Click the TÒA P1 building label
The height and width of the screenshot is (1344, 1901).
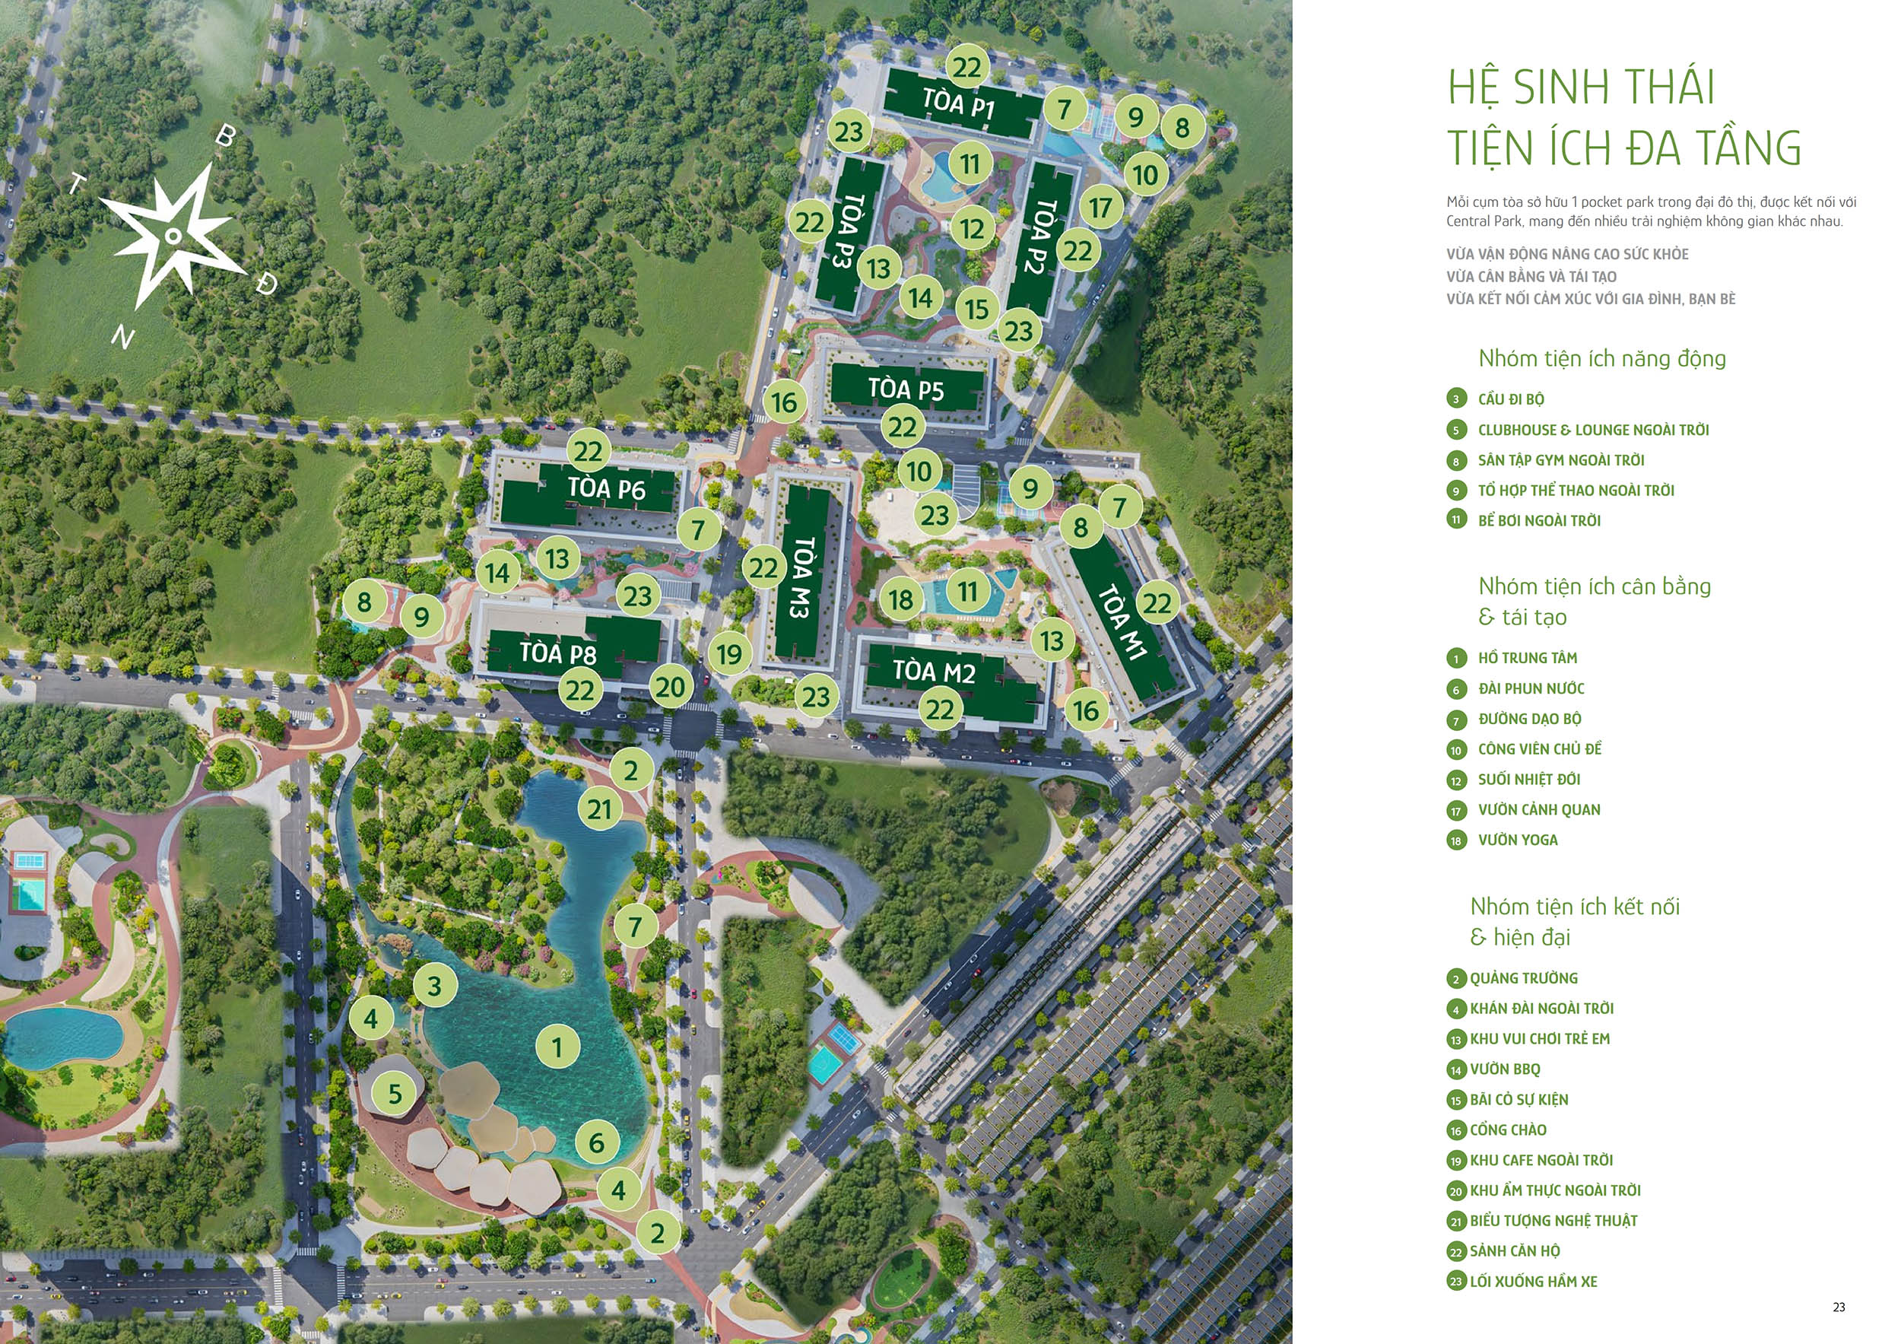[958, 104]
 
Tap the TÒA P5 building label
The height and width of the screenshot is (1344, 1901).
[906, 389]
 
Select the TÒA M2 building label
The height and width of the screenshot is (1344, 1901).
[934, 671]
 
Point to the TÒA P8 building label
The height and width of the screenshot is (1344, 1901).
[558, 653]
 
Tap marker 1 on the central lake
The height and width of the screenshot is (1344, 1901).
[557, 1047]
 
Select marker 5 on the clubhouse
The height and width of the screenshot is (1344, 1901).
[395, 1093]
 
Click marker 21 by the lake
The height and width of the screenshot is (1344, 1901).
[599, 809]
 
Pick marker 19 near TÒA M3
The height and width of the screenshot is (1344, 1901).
[729, 654]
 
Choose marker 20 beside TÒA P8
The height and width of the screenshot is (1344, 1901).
[670, 687]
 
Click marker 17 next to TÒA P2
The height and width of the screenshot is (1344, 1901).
[1100, 207]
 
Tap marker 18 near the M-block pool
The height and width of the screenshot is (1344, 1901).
[901, 599]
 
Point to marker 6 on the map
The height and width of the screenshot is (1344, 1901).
[596, 1142]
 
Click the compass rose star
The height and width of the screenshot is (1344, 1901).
[172, 236]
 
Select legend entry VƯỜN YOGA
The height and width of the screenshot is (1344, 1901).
[1518, 840]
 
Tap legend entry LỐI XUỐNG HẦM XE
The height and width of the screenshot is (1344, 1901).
[1534, 1282]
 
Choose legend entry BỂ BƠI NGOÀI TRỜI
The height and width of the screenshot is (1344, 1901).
[1539, 521]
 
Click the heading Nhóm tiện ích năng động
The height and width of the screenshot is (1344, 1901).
[1602, 358]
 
